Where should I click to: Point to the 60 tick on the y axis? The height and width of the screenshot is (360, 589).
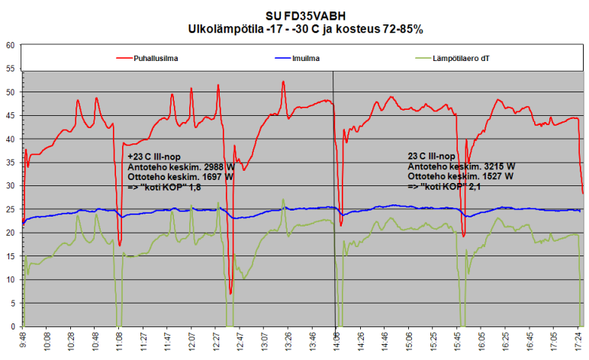(x=11, y=45)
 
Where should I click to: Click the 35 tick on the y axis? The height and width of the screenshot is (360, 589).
(x=11, y=162)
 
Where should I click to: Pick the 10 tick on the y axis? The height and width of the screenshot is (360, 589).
(x=11, y=280)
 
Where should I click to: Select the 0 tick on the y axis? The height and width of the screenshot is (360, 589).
(x=13, y=326)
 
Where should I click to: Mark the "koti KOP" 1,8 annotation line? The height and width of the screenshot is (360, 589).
(x=172, y=186)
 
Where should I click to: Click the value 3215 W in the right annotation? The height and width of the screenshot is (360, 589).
(x=500, y=166)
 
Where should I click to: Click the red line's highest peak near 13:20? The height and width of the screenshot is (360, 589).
(x=283, y=82)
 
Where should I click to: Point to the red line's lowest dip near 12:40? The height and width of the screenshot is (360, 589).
(x=230, y=293)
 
